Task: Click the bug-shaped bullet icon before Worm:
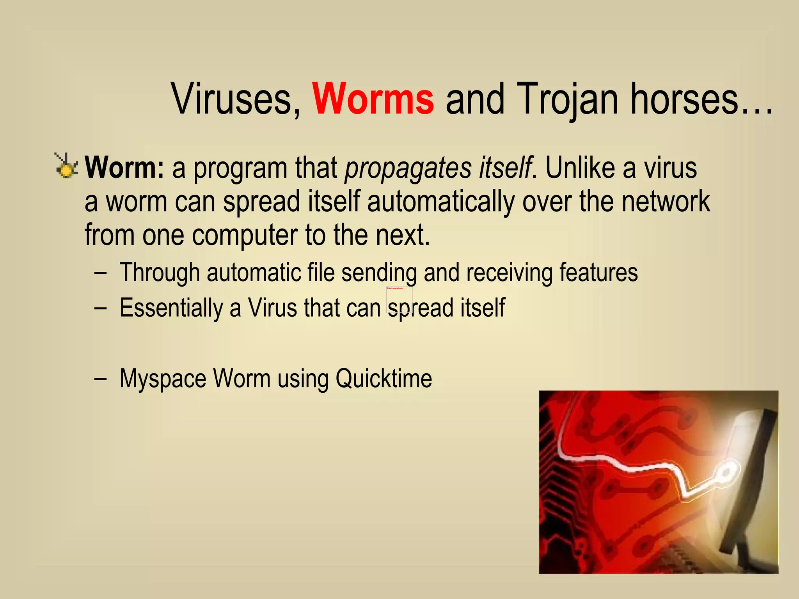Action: click(x=66, y=167)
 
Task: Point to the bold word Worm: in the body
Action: click(x=124, y=168)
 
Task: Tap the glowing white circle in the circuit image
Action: click(x=725, y=473)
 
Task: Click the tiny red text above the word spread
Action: click(x=395, y=288)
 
